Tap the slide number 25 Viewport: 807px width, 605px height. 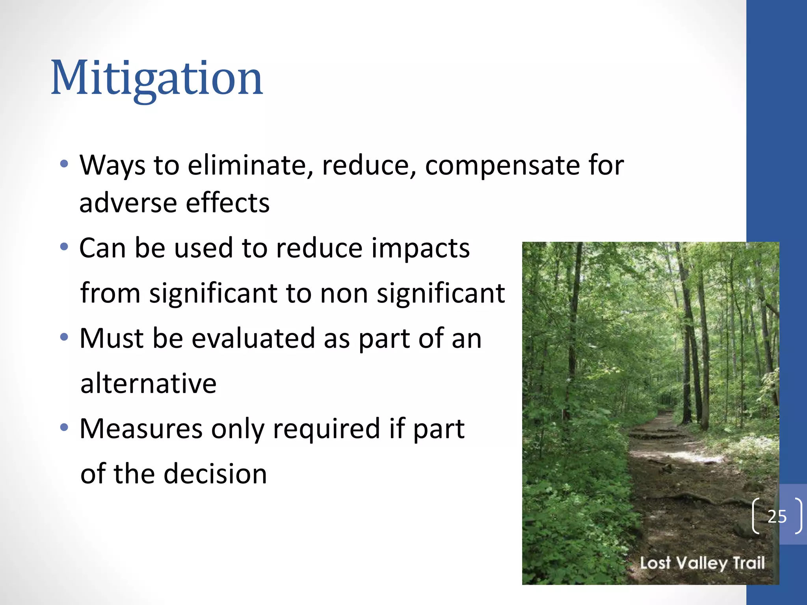(x=777, y=516)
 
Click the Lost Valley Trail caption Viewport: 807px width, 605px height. (x=702, y=563)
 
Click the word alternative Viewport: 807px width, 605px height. (x=148, y=383)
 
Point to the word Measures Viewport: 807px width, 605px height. (x=141, y=429)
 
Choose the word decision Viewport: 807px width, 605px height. (x=215, y=473)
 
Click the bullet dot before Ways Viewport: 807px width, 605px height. (x=64, y=163)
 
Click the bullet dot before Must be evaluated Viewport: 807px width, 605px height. (x=64, y=338)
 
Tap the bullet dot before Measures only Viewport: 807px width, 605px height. (x=64, y=427)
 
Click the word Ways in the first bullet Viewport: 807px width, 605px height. (x=112, y=165)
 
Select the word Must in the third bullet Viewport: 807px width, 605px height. (x=111, y=338)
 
